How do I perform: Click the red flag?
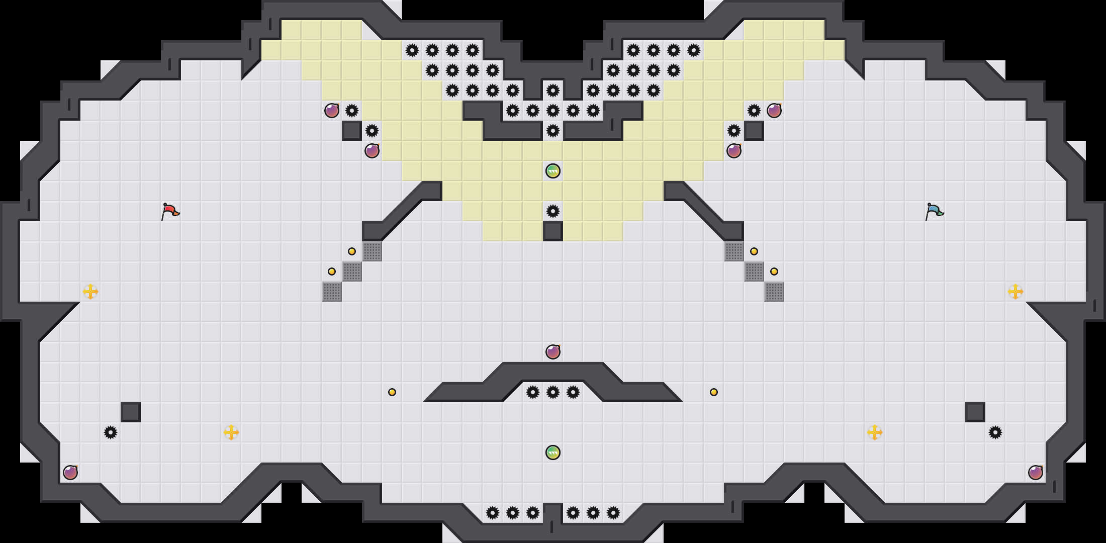coord(170,211)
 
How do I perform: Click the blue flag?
coord(934,211)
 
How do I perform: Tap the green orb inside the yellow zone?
coord(553,171)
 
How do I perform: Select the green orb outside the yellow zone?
coord(553,452)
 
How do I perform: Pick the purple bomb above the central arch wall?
coord(553,352)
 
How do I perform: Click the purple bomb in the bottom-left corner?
coord(70,473)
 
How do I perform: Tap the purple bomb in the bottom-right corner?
coord(1036,473)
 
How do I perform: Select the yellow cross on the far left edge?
coord(90,292)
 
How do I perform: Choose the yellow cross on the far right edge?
coord(1016,292)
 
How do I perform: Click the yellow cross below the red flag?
coord(231,432)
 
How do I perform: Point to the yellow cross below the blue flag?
coord(875,432)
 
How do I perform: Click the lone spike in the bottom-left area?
coord(111,432)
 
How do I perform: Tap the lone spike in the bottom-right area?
coord(995,432)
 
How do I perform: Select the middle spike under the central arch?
coord(553,392)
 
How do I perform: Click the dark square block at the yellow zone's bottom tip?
coord(553,231)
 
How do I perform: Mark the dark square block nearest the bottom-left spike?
coord(131,412)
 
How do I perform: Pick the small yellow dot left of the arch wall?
coord(392,392)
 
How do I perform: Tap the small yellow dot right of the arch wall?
coord(714,392)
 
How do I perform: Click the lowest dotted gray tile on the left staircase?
coord(332,292)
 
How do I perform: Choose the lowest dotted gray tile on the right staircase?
coord(774,292)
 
